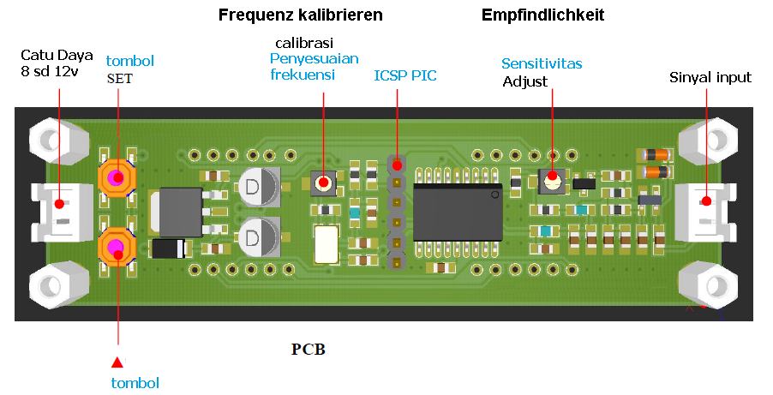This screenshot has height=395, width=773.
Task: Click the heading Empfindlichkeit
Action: click(x=542, y=15)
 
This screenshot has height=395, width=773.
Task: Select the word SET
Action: click(x=120, y=78)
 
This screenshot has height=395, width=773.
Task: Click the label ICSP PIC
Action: click(x=404, y=75)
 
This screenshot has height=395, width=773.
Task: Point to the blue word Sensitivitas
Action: click(x=542, y=63)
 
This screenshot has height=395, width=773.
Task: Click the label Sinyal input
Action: click(x=710, y=78)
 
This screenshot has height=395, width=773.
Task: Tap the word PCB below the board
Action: click(x=309, y=350)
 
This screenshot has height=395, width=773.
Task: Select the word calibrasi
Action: click(x=304, y=42)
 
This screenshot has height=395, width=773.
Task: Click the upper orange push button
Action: click(x=117, y=177)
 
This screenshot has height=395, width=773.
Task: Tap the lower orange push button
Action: click(x=117, y=248)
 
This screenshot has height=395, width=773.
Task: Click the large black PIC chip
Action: click(x=458, y=212)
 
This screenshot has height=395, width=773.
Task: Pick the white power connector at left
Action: click(x=60, y=212)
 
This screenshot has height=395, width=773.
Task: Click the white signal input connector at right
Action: click(x=706, y=212)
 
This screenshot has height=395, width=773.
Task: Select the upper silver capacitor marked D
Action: click(x=259, y=186)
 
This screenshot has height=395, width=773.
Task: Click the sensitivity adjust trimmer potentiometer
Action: click(x=553, y=180)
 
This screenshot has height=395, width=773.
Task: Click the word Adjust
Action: click(x=524, y=81)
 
